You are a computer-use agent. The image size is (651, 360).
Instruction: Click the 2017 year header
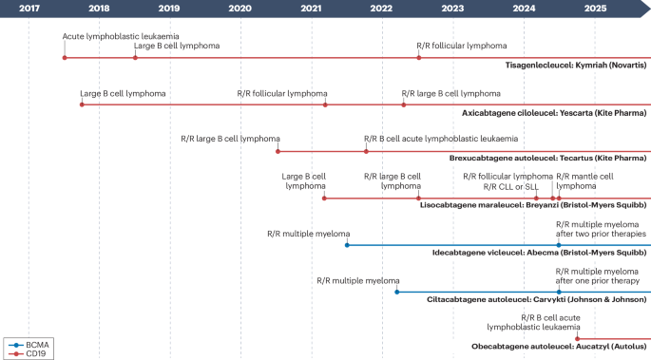coord(29,8)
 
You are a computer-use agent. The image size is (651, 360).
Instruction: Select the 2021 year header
coord(311,8)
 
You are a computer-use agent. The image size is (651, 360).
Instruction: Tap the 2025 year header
coord(595,8)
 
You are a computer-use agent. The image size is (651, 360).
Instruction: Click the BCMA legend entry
coord(29,343)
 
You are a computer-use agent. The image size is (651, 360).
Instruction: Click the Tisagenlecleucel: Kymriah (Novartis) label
coord(576,66)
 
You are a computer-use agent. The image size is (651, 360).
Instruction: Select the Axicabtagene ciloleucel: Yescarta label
coord(554,112)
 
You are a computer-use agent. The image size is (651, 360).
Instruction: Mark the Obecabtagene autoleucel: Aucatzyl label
coord(559,347)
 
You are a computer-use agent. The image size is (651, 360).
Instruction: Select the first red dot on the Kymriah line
coord(65,58)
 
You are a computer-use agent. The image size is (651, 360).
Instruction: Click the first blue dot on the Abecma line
coord(347,245)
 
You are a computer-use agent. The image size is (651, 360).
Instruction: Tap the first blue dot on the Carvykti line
coord(396,292)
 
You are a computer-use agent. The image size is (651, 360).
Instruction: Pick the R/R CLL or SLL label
coord(511,186)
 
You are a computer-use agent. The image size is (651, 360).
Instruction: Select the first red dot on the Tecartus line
coord(278,151)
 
